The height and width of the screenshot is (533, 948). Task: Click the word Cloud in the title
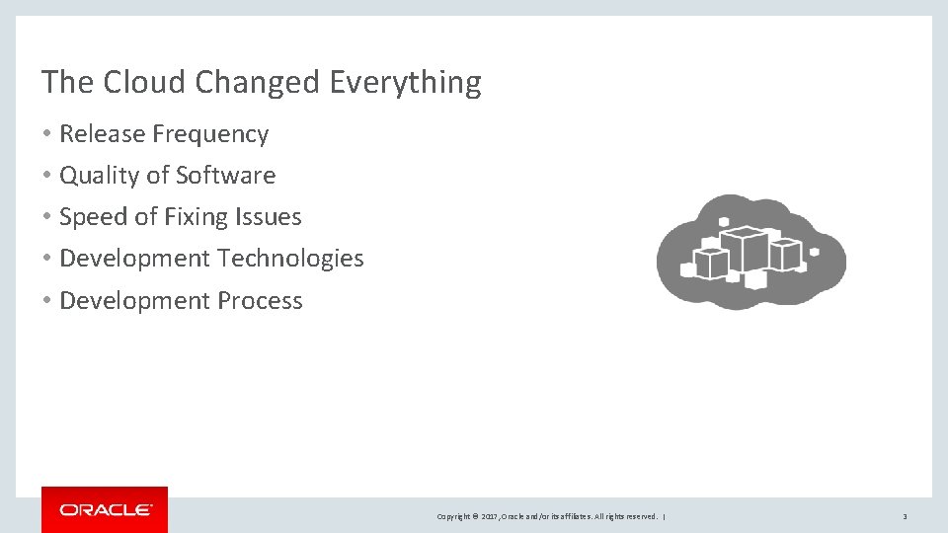(x=143, y=82)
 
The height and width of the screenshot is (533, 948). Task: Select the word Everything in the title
(x=405, y=82)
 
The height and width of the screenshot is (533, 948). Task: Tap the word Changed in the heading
(x=259, y=82)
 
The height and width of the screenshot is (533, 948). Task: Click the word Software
(x=225, y=176)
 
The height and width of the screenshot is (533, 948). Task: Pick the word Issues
(x=270, y=217)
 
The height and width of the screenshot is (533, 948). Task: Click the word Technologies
(x=290, y=259)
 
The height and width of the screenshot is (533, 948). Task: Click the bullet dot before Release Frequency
(x=47, y=134)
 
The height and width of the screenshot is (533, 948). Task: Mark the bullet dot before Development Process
(x=47, y=301)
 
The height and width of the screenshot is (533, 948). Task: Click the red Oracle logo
(x=105, y=509)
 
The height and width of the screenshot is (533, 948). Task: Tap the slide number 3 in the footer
(x=905, y=516)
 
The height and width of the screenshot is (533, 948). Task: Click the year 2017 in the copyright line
(x=490, y=516)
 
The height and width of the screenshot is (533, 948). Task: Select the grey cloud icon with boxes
(x=750, y=253)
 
